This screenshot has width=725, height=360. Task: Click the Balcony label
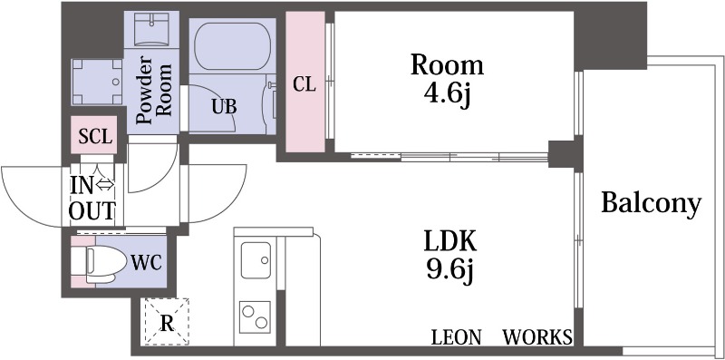pyautogui.click(x=652, y=204)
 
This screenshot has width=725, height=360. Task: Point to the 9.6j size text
pyautogui.click(x=450, y=269)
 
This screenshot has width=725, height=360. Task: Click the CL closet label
pyautogui.click(x=304, y=85)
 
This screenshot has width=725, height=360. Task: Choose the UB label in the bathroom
pyautogui.click(x=224, y=106)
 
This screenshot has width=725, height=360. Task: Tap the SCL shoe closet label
pyautogui.click(x=94, y=137)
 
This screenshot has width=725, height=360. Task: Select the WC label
pyautogui.click(x=146, y=264)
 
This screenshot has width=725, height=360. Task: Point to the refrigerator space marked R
pyautogui.click(x=167, y=322)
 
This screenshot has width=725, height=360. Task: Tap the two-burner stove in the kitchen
pyautogui.click(x=256, y=317)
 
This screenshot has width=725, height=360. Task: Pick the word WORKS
pyautogui.click(x=537, y=337)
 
